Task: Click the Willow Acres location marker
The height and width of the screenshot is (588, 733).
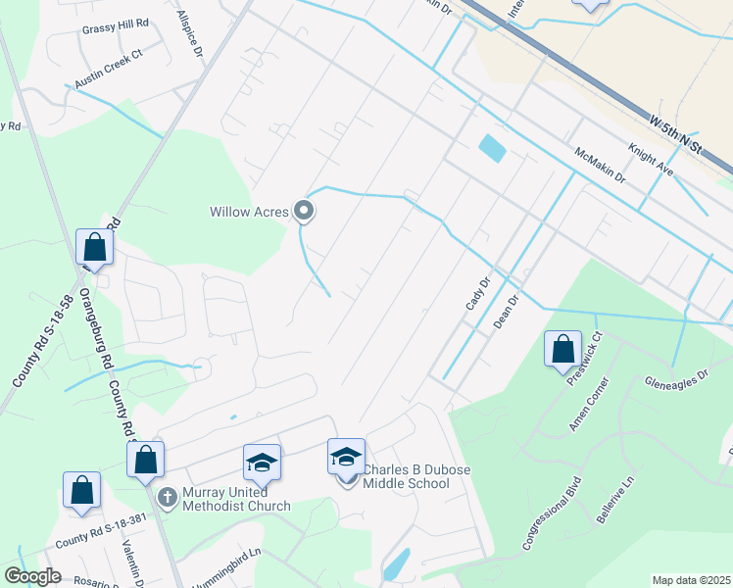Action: [x=304, y=211]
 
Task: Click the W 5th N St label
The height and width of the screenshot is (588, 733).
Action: [x=676, y=133]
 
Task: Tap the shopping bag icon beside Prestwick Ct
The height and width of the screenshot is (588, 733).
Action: [x=562, y=350]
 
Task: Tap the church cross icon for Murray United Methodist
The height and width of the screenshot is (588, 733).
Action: [x=167, y=496]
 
